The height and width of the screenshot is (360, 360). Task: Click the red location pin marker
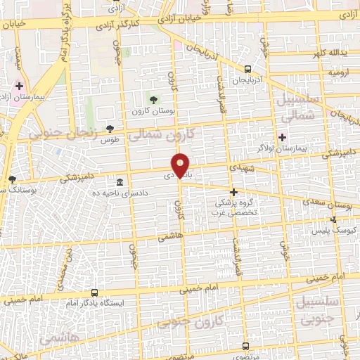tap(181, 165)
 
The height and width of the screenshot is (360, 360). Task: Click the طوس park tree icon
tap(109, 128)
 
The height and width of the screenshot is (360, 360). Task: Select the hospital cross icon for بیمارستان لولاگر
tap(283, 137)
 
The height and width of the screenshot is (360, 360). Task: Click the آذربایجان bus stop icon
tap(247, 69)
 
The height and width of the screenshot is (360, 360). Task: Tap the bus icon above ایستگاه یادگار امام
tap(94, 292)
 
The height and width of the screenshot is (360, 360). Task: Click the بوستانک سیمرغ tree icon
tap(11, 180)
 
